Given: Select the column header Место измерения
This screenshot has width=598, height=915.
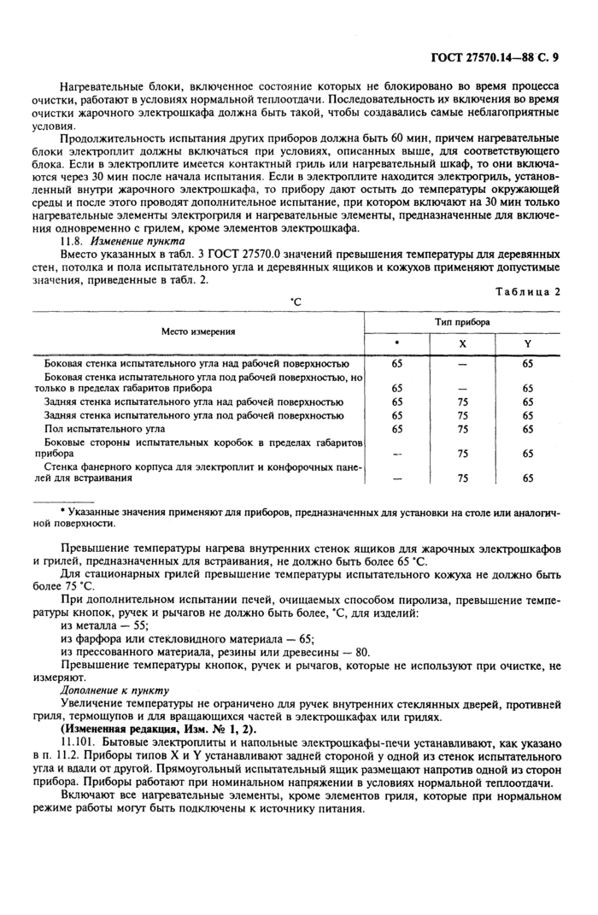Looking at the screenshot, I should click(x=197, y=331).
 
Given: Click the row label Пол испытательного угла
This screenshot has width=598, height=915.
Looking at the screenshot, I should click(x=104, y=429).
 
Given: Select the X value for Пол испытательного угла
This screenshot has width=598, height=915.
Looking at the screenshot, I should click(x=463, y=429).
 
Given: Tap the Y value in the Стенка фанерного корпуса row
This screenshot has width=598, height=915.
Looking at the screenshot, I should click(x=528, y=478).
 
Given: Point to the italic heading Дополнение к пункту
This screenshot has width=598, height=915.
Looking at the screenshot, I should click(x=114, y=689).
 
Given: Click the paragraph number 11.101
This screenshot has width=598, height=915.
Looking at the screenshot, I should click(x=79, y=742).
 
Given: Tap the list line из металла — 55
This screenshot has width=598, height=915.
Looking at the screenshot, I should click(x=106, y=625).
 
